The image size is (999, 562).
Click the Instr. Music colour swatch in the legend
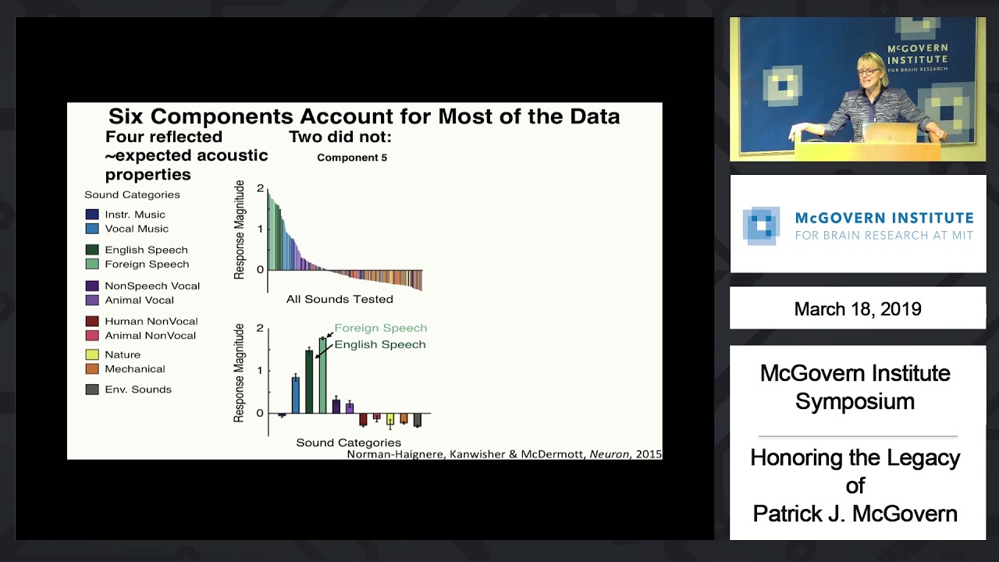[92, 215]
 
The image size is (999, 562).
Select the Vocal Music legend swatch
[92, 229]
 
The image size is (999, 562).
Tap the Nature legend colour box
[92, 354]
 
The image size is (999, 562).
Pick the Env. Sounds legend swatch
[92, 389]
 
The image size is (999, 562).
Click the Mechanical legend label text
[135, 369]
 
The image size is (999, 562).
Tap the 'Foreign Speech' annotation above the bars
[380, 329]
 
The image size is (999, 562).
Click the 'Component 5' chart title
[352, 158]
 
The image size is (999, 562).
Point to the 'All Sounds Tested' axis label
[340, 299]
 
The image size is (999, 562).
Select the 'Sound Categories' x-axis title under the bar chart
[348, 443]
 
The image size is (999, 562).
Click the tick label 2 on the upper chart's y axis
[261, 189]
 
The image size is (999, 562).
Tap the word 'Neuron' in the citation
[610, 454]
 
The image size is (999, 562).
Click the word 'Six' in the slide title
[126, 117]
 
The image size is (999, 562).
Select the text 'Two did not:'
[340, 137]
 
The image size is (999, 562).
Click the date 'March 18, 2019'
[858, 309]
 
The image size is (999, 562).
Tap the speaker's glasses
[866, 72]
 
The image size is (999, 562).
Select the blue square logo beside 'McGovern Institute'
[761, 226]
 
